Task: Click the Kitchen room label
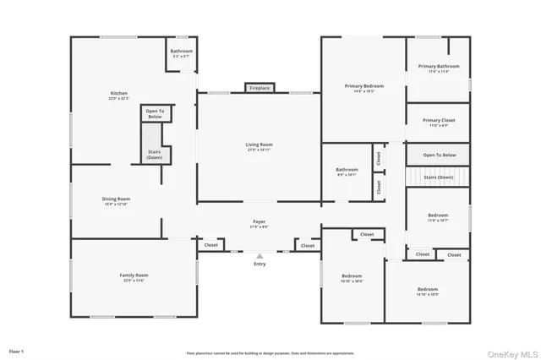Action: [x=118, y=95]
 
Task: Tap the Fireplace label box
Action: [x=260, y=88]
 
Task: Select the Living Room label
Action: [x=260, y=146]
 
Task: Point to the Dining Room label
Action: [x=117, y=201]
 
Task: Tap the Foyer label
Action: [x=260, y=225]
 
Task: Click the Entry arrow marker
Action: [x=260, y=255]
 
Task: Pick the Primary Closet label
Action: [x=439, y=122]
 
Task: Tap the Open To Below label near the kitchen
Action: [x=156, y=112]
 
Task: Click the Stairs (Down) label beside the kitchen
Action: [x=155, y=155]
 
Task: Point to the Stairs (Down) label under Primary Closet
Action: [x=439, y=177]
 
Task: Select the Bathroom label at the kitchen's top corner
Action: [x=182, y=52]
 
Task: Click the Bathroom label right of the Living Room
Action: [x=347, y=172]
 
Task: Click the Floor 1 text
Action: [x=16, y=350]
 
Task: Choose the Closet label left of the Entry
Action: [x=211, y=245]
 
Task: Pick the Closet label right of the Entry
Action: [x=308, y=246]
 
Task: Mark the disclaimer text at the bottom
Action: [x=270, y=353]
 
